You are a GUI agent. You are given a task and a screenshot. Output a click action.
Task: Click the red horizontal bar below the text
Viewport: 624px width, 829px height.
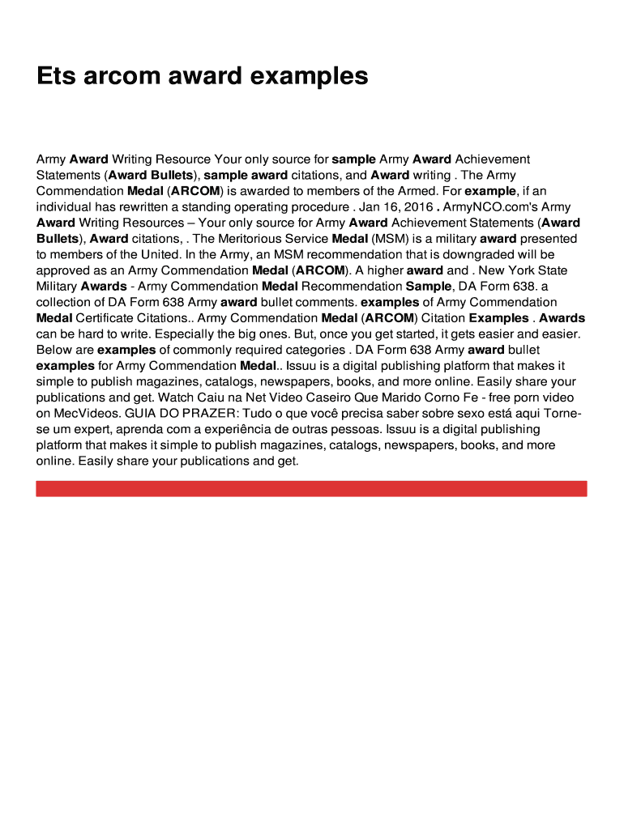[311, 488]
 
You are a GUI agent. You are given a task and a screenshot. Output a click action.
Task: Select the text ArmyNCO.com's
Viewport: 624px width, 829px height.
[489, 207]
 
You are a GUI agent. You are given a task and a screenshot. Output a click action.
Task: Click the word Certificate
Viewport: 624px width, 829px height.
[106, 318]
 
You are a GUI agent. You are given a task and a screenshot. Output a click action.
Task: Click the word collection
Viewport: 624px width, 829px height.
[67, 302]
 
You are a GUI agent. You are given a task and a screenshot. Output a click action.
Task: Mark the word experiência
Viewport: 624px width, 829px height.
[235, 429]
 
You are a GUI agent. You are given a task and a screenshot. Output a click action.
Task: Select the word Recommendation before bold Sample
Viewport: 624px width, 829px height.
[346, 287]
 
